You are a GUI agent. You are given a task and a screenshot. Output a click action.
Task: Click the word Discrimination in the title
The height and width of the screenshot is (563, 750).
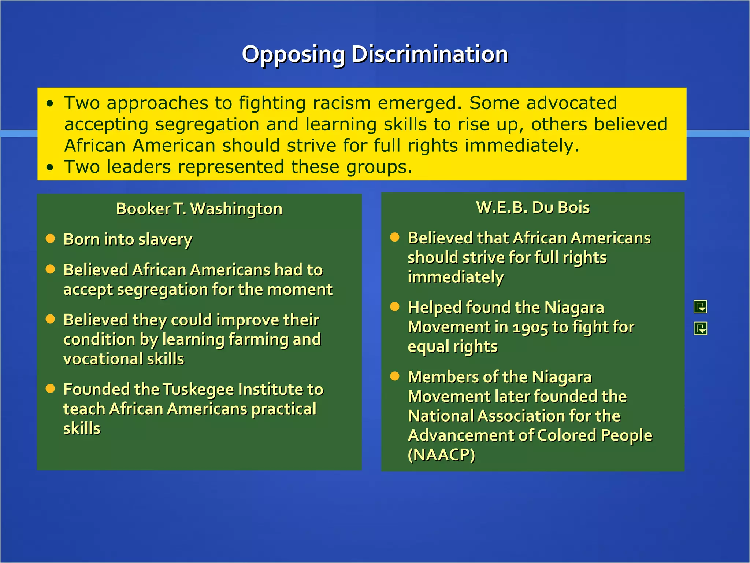430,54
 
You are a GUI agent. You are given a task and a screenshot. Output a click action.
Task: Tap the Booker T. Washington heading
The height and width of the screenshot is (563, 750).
199,209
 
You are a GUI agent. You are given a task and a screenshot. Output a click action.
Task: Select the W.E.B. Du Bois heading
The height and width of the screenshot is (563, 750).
533,207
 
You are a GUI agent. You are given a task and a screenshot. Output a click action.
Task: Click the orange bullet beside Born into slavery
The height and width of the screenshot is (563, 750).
50,239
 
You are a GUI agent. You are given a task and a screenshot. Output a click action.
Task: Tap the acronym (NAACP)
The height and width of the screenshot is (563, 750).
441,455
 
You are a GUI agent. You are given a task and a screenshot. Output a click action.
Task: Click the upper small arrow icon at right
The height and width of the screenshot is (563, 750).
700,307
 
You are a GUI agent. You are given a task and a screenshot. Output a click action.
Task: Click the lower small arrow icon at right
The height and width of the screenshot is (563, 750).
700,329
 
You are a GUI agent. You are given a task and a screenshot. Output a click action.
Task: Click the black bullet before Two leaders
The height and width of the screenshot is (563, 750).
50,168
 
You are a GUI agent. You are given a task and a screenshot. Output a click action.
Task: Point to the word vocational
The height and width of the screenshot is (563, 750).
103,359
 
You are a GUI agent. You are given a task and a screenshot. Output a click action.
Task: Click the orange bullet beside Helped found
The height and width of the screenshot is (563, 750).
394,307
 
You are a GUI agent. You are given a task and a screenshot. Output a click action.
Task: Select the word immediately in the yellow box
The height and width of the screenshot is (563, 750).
522,146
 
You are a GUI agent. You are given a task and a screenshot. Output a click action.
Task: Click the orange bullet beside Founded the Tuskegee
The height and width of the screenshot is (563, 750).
50,389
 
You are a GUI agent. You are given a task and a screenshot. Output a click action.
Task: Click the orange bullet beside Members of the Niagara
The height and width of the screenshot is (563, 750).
394,376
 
